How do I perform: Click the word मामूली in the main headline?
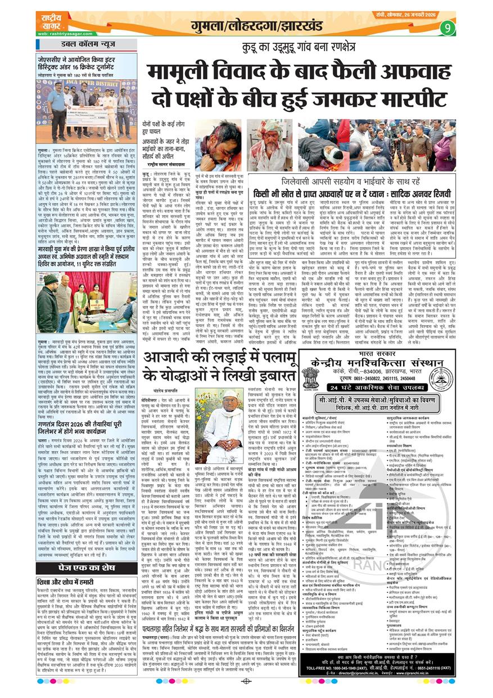(x=182, y=73)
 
